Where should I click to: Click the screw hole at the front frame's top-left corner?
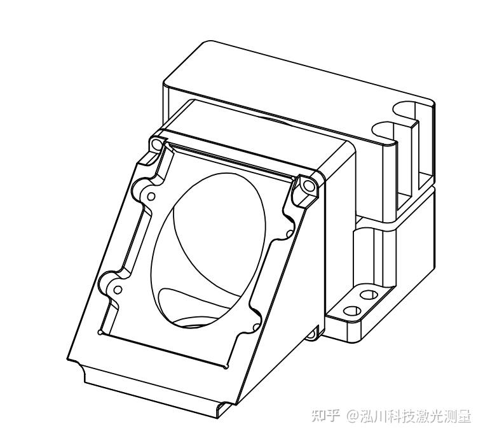(x=155, y=144)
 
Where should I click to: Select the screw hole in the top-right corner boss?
(x=309, y=187)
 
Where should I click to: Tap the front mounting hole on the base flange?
(x=351, y=311)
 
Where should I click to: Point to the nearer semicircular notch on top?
(x=384, y=130)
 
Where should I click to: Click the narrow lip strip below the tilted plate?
(x=153, y=389)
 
